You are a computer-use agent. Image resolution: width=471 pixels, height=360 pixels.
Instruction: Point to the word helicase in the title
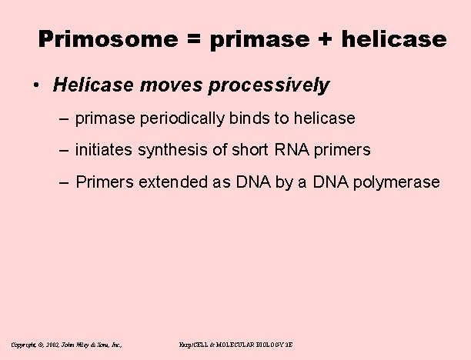[389, 38]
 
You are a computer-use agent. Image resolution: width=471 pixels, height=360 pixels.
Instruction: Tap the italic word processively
[265, 85]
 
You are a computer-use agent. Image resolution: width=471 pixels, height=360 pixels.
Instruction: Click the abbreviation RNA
[298, 150]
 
